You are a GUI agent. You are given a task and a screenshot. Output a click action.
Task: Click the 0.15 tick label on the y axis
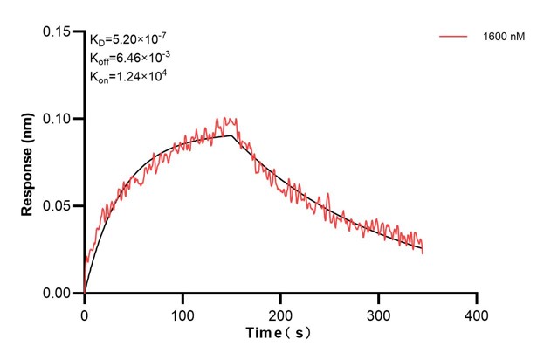[59, 31]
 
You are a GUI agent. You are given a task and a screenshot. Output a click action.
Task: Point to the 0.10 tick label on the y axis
[59, 119]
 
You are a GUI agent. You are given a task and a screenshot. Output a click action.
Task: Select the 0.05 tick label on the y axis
[59, 206]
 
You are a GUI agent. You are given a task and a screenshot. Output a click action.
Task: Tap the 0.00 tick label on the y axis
[59, 294]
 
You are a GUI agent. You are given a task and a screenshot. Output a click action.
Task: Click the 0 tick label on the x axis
[84, 313]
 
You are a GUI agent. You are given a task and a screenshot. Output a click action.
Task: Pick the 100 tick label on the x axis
[182, 313]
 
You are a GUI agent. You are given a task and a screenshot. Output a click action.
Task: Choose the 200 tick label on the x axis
[280, 313]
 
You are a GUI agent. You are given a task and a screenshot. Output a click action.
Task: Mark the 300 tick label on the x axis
[378, 313]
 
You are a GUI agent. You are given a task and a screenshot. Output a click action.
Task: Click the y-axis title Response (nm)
[28, 162]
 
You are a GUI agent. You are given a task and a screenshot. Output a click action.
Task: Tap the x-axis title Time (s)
[278, 334]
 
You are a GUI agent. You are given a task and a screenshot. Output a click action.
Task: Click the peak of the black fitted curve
[231, 135]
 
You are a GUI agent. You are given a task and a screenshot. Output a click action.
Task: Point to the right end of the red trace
[423, 252]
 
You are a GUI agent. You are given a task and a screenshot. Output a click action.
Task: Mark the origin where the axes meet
[84, 294]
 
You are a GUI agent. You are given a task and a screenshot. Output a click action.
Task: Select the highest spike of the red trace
[225, 117]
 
